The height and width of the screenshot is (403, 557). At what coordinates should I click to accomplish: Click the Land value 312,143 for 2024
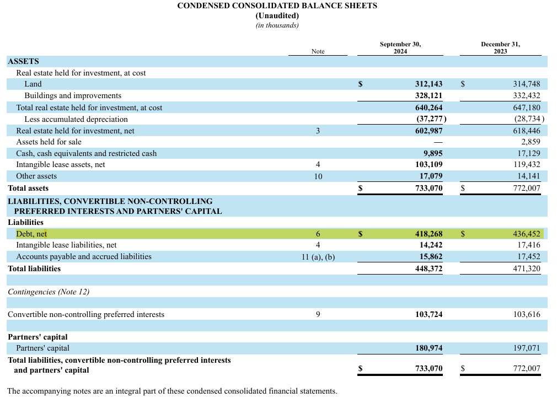(x=429, y=84)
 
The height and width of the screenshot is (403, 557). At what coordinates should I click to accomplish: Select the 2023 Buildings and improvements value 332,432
(x=527, y=96)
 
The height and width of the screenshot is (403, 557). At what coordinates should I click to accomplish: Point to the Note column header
(x=318, y=51)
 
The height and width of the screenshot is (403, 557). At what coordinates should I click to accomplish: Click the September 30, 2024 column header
(x=400, y=47)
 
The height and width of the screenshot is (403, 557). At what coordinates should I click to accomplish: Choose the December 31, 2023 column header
(x=500, y=47)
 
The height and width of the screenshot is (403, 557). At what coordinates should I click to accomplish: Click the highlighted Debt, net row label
(x=31, y=234)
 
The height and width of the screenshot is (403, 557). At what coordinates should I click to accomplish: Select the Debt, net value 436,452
(x=527, y=234)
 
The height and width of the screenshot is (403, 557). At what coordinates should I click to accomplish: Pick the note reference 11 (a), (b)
(x=318, y=257)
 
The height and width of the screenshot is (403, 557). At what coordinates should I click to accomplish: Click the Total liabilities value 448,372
(x=429, y=269)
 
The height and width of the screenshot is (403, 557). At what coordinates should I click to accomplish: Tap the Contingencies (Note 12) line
(x=49, y=292)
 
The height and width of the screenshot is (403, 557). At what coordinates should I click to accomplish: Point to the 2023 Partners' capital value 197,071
(x=527, y=348)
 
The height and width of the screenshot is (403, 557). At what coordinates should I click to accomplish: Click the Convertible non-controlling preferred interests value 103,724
(x=429, y=315)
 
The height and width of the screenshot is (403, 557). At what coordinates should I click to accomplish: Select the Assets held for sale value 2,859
(x=531, y=142)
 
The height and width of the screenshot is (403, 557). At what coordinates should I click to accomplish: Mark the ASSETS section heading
(x=23, y=61)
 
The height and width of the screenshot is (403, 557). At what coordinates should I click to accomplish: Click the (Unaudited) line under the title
(x=277, y=15)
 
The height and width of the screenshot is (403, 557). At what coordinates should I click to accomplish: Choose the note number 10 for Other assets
(x=318, y=176)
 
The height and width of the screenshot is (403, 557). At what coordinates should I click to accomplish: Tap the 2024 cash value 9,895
(x=432, y=154)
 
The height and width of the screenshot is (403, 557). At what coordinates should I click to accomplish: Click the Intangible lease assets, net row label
(x=61, y=165)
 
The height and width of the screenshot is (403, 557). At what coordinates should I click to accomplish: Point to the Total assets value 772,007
(x=527, y=189)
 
